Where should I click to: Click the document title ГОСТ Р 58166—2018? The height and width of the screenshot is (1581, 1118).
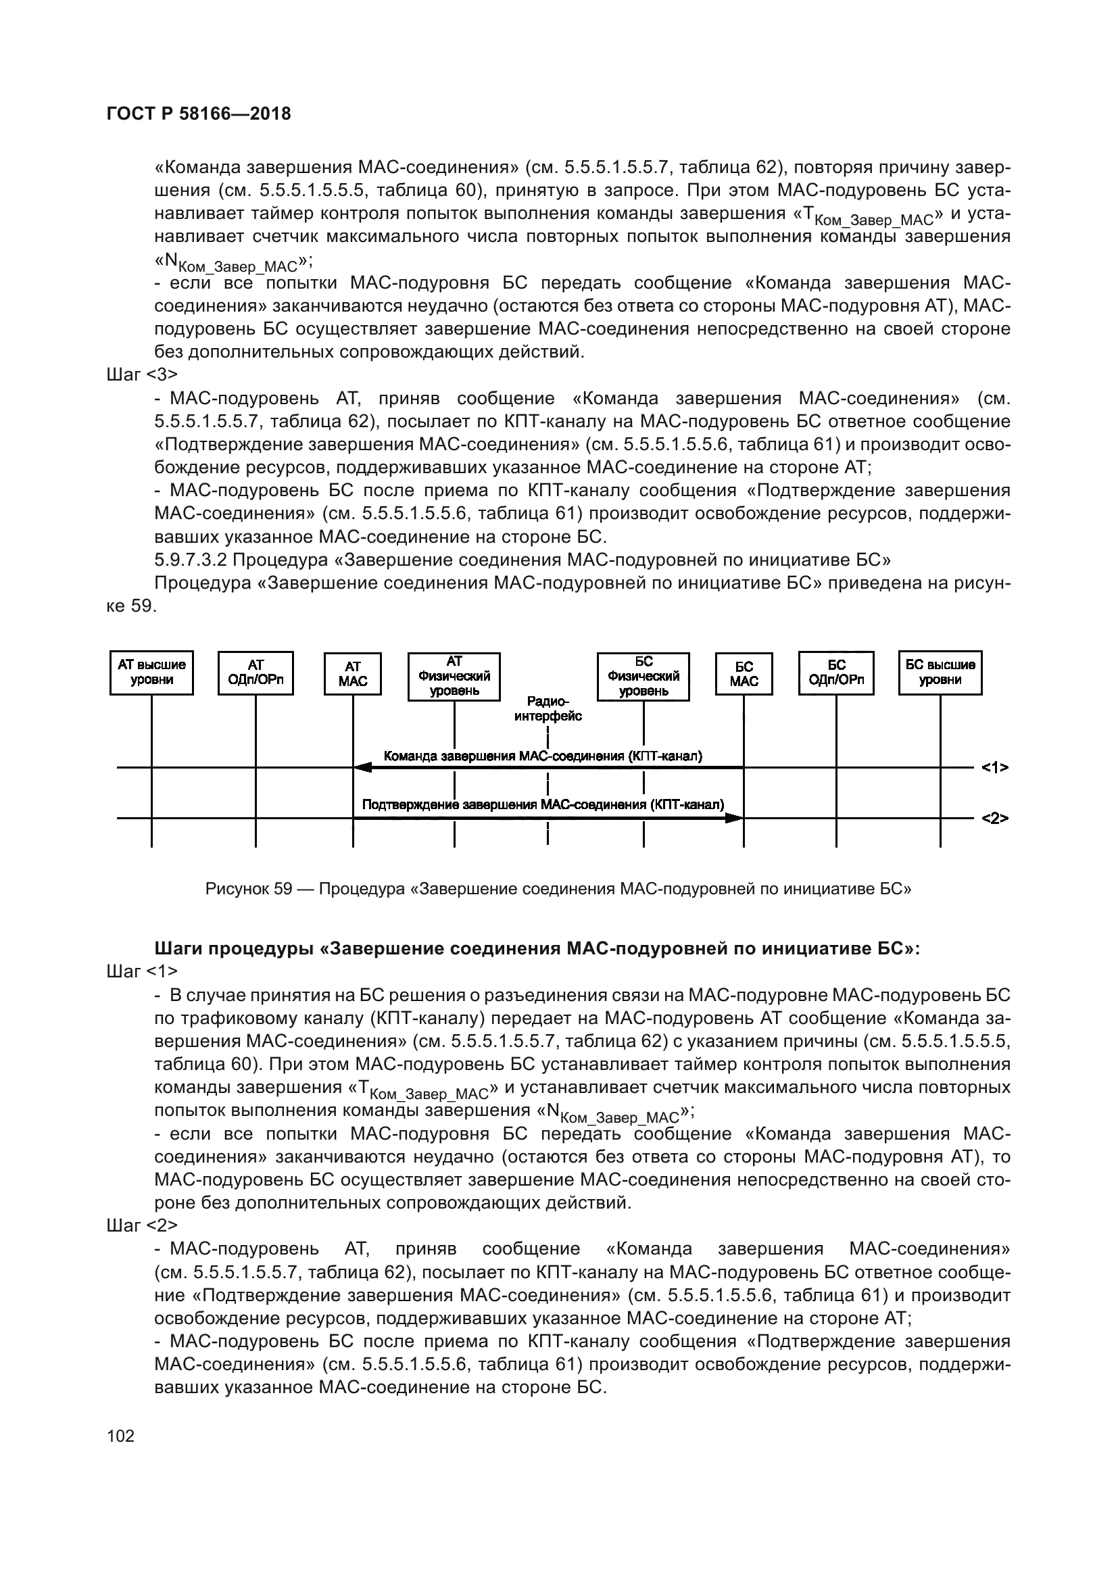click(x=199, y=114)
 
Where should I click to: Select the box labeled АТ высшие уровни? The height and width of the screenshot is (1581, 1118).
click(x=151, y=673)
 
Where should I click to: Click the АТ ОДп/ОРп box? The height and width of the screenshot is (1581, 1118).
click(x=256, y=673)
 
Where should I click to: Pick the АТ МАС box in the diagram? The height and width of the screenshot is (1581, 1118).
click(x=352, y=674)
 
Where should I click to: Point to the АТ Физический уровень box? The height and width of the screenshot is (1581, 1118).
click(x=454, y=676)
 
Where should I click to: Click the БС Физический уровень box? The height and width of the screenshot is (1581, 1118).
click(x=643, y=676)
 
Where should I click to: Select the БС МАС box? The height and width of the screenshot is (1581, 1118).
click(x=744, y=674)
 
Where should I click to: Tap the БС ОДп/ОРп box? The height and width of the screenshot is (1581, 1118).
click(x=836, y=673)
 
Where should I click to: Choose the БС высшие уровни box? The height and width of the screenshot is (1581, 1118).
click(x=940, y=673)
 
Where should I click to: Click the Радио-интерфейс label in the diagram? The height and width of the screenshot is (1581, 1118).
click(x=548, y=708)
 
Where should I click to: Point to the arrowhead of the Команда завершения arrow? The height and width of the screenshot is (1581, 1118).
click(x=362, y=767)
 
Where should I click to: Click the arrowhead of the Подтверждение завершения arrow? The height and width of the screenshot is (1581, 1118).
click(x=735, y=818)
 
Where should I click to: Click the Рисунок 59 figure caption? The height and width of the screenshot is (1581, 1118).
click(x=558, y=889)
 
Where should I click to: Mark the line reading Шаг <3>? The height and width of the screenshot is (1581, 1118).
click(x=143, y=374)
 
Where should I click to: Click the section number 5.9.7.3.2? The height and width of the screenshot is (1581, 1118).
click(x=191, y=559)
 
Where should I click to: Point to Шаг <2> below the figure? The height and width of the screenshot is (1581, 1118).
click(x=143, y=1225)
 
